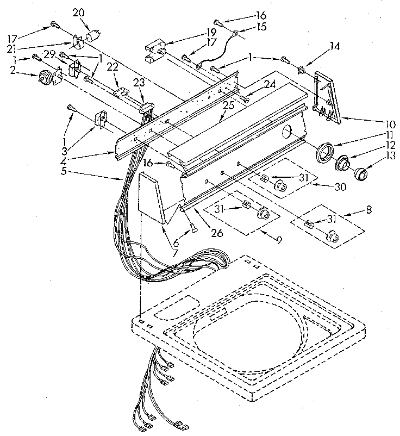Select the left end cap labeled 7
(x=153, y=198)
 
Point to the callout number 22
(x=112, y=66)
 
